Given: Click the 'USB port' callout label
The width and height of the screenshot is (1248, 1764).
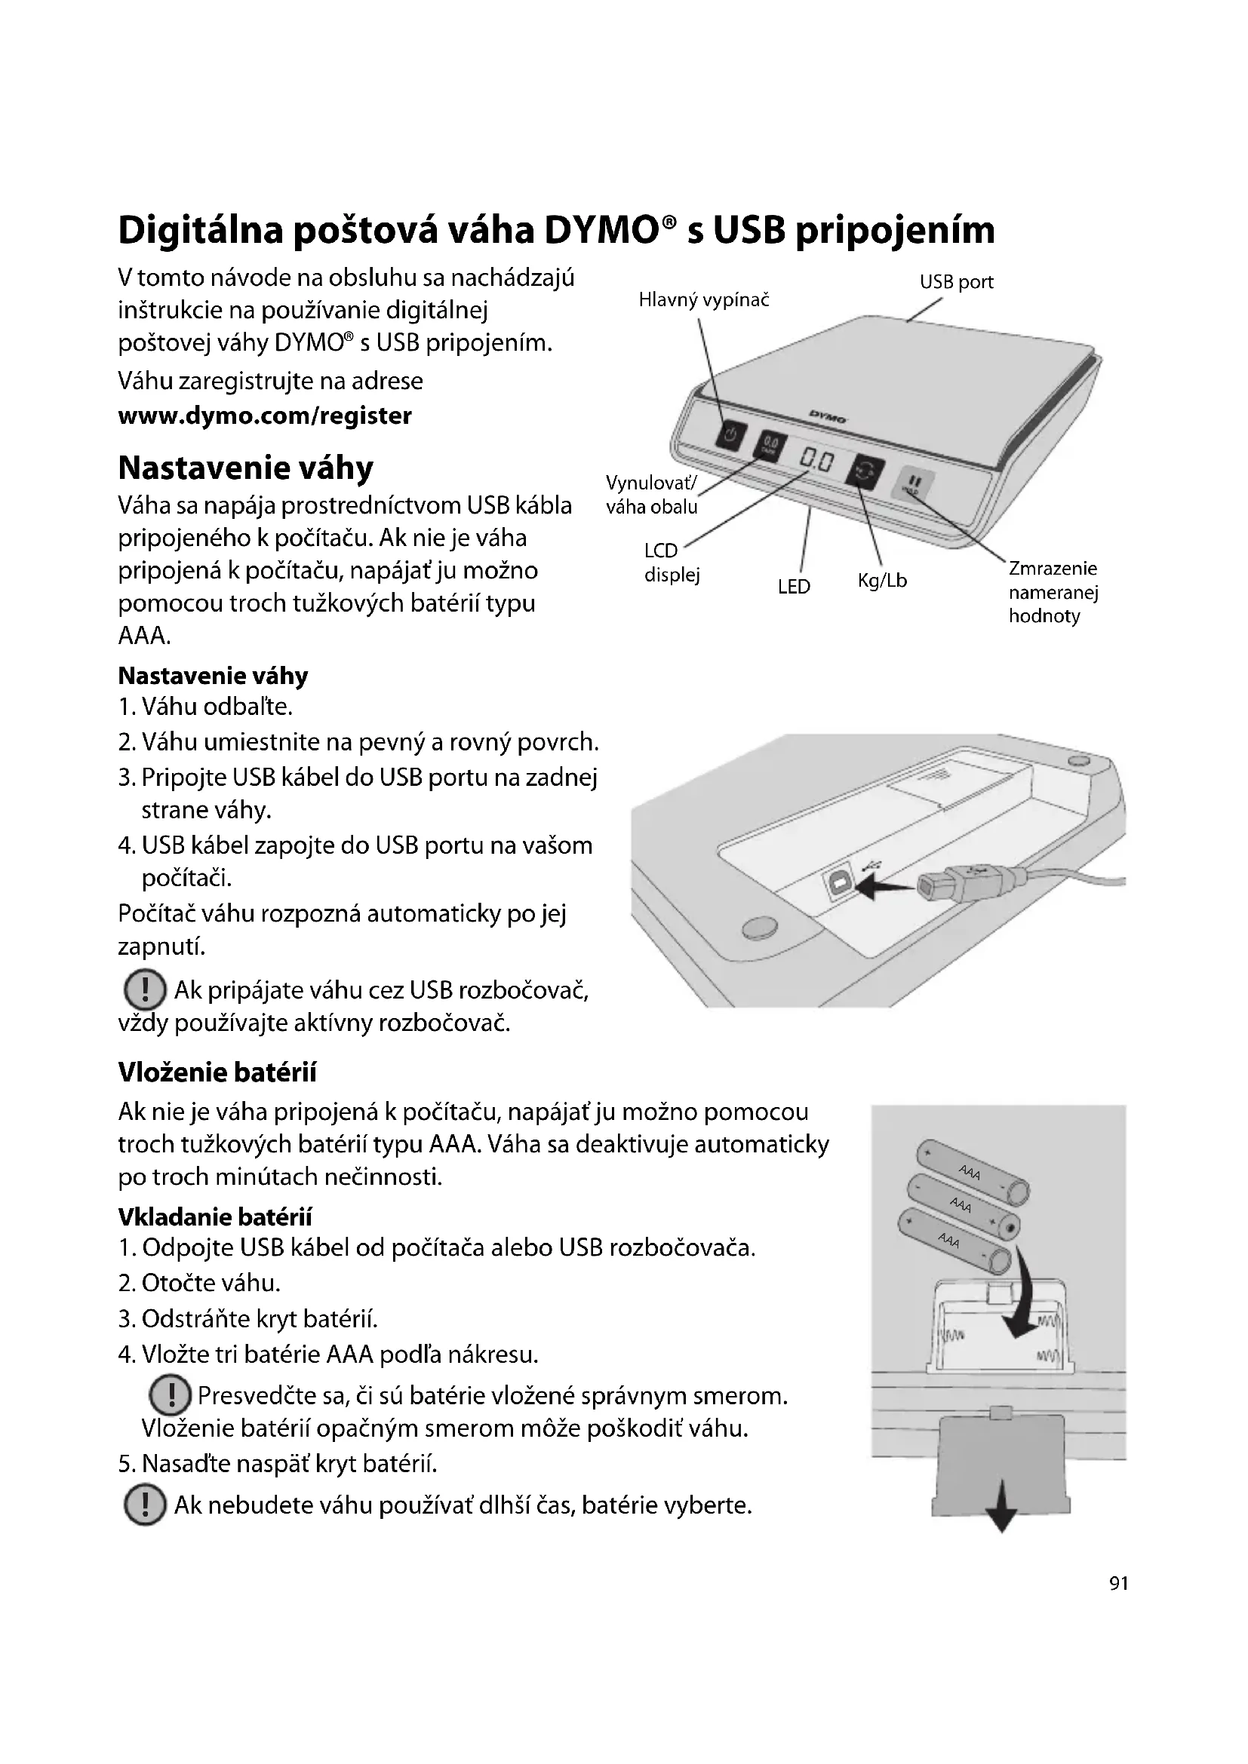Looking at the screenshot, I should (x=956, y=282).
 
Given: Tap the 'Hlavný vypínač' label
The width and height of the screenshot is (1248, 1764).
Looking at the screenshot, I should (x=703, y=300).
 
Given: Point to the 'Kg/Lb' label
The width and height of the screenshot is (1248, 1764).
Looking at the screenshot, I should (x=882, y=581).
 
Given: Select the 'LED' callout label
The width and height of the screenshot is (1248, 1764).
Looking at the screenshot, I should (x=794, y=587).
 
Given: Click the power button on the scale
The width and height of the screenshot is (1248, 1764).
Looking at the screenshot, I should (x=731, y=437).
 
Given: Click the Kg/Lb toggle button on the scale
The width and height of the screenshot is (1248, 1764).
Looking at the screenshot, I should (x=865, y=470).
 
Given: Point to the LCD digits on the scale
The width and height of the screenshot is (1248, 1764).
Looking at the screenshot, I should (x=816, y=462).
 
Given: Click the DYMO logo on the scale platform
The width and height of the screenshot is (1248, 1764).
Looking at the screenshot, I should (x=827, y=418).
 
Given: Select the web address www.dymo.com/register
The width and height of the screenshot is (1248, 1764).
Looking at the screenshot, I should (x=264, y=416).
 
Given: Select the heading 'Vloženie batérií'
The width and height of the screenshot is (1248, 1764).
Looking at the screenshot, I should (x=217, y=1072).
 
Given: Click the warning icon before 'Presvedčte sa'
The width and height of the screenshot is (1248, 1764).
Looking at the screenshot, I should (x=168, y=1394).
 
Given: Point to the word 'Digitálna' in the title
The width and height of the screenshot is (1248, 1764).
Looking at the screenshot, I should (x=201, y=230).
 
